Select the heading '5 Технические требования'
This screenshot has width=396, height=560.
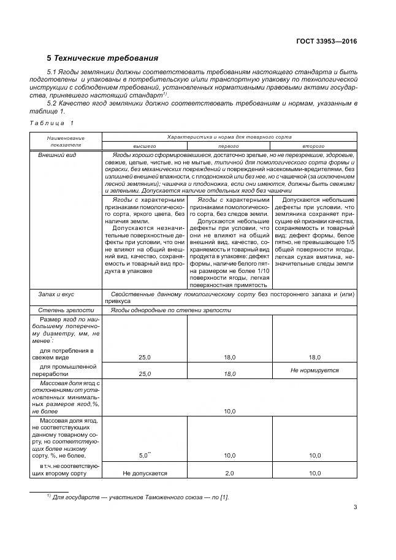[x=103, y=59]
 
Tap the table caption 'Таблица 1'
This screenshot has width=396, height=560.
[x=51, y=124]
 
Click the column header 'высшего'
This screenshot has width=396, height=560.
[x=145, y=147]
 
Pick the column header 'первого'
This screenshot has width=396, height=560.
[x=229, y=147]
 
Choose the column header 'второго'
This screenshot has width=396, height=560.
[x=313, y=147]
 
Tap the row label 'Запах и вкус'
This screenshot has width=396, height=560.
[x=57, y=295]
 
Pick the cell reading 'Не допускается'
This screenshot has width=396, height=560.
[x=145, y=473]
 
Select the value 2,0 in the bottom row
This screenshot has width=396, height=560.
[x=229, y=473]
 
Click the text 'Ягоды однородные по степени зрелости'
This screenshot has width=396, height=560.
[x=171, y=310]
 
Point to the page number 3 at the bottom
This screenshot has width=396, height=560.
[x=355, y=507]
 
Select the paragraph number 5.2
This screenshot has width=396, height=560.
[x=53, y=104]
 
